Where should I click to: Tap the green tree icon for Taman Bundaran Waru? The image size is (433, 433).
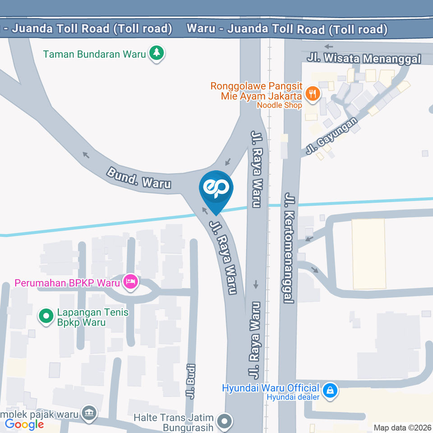(157, 53)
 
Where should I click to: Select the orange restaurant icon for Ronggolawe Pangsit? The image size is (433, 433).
(312, 94)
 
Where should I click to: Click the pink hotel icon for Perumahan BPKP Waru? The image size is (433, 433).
(131, 282)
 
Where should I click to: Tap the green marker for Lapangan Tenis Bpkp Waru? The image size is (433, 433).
(46, 317)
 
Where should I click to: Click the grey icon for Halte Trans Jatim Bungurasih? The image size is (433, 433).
(224, 422)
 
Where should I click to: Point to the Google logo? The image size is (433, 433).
(24, 424)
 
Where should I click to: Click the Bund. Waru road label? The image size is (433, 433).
(139, 178)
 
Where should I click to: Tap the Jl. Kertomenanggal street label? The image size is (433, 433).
(289, 248)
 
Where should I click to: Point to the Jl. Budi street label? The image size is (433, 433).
(191, 381)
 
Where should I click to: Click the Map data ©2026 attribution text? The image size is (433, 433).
(402, 427)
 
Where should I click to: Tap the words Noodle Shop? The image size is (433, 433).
(279, 106)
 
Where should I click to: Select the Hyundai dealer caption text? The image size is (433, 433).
(293, 397)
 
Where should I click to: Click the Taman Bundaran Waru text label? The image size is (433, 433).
(95, 54)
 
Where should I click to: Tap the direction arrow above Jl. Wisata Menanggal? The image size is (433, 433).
(328, 46)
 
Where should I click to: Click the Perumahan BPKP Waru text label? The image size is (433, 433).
(67, 283)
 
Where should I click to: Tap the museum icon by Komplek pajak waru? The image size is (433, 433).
(88, 412)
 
